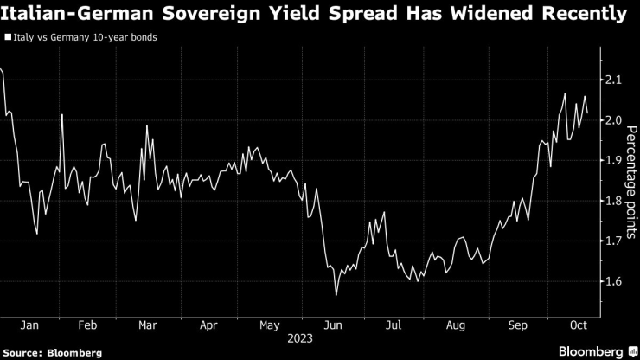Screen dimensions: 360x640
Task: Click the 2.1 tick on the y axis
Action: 614,80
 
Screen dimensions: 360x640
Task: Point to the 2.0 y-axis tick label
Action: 614,120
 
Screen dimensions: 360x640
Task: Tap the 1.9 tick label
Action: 614,161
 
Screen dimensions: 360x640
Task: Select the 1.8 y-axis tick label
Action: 614,201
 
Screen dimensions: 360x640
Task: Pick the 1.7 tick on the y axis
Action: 614,241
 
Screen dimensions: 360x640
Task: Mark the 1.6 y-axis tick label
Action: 614,281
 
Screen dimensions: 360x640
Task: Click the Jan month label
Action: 27,325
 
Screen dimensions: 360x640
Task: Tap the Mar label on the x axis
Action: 148,325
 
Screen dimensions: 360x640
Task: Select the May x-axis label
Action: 270,325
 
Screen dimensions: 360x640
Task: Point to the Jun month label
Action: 332,325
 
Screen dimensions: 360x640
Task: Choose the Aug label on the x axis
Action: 455,325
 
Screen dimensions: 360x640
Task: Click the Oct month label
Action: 578,325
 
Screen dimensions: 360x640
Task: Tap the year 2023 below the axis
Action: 302,339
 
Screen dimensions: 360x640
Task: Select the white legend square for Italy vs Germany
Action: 8,39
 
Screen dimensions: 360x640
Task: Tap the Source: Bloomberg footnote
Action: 53,352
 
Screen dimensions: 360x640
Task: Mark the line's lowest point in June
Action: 336,296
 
